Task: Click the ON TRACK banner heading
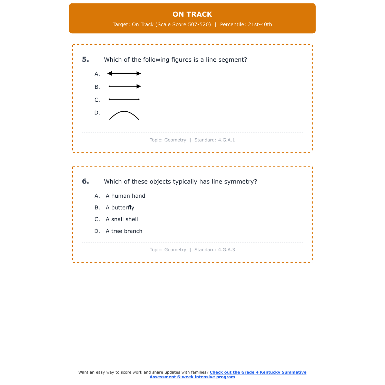[x=192, y=14]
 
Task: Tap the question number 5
[x=85, y=60]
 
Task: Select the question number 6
[x=85, y=181]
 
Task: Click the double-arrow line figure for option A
[x=124, y=74]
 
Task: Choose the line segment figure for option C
[x=124, y=99]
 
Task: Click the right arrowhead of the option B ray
[x=139, y=86]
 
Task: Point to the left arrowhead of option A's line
[x=110, y=74]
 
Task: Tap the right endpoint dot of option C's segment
[x=139, y=99]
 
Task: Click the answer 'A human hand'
[x=125, y=196]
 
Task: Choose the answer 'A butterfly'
[x=120, y=208]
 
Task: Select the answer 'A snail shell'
[x=122, y=219]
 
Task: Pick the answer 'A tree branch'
[x=124, y=231]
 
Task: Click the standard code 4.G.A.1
[x=226, y=140]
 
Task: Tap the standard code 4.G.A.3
[x=226, y=250]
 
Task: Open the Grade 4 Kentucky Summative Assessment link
[x=258, y=372]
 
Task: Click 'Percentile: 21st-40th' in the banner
[x=246, y=25]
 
